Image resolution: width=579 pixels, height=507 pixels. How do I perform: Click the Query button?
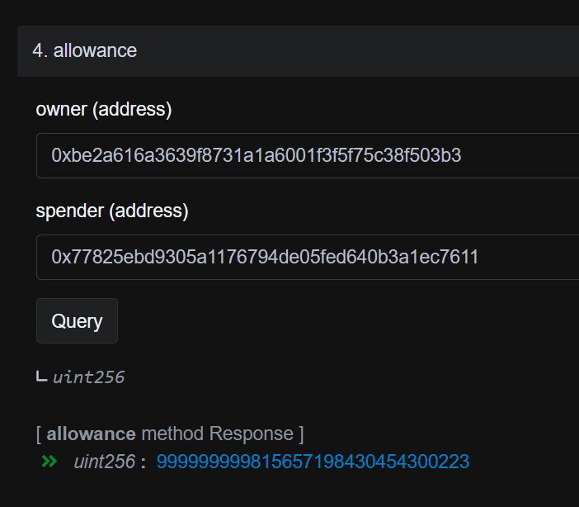[x=77, y=321]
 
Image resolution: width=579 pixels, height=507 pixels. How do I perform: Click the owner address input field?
[x=308, y=156]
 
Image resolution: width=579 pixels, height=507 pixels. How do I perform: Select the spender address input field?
[x=308, y=257]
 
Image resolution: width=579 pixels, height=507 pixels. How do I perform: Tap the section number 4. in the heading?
[x=40, y=50]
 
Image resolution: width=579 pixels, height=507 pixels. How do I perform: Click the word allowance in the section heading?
[x=96, y=50]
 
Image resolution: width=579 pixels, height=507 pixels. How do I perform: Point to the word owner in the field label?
[x=61, y=110]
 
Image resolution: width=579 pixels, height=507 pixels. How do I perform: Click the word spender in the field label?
[x=70, y=211]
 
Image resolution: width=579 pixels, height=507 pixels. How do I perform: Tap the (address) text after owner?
[x=132, y=110]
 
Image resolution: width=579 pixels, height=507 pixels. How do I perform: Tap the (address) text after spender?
[x=148, y=211]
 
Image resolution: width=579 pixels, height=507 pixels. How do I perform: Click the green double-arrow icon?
[x=49, y=462]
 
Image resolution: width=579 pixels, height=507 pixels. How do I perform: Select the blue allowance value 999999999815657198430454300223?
[x=313, y=462]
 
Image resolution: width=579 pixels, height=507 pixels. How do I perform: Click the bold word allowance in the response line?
[x=92, y=434]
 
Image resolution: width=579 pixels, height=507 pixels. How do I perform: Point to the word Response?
[x=251, y=434]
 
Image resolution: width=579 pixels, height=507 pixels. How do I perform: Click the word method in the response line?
[x=172, y=434]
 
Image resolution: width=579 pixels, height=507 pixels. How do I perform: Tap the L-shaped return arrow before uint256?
[x=42, y=377]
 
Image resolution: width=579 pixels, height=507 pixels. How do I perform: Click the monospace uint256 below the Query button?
[x=88, y=377]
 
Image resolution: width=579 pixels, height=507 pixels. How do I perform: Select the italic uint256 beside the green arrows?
[x=105, y=462]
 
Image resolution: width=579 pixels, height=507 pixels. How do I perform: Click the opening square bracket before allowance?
[x=39, y=434]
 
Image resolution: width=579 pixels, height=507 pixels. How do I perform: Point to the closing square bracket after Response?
[x=301, y=434]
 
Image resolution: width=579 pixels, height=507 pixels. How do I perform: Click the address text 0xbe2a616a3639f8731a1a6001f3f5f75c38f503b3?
[x=257, y=155]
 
